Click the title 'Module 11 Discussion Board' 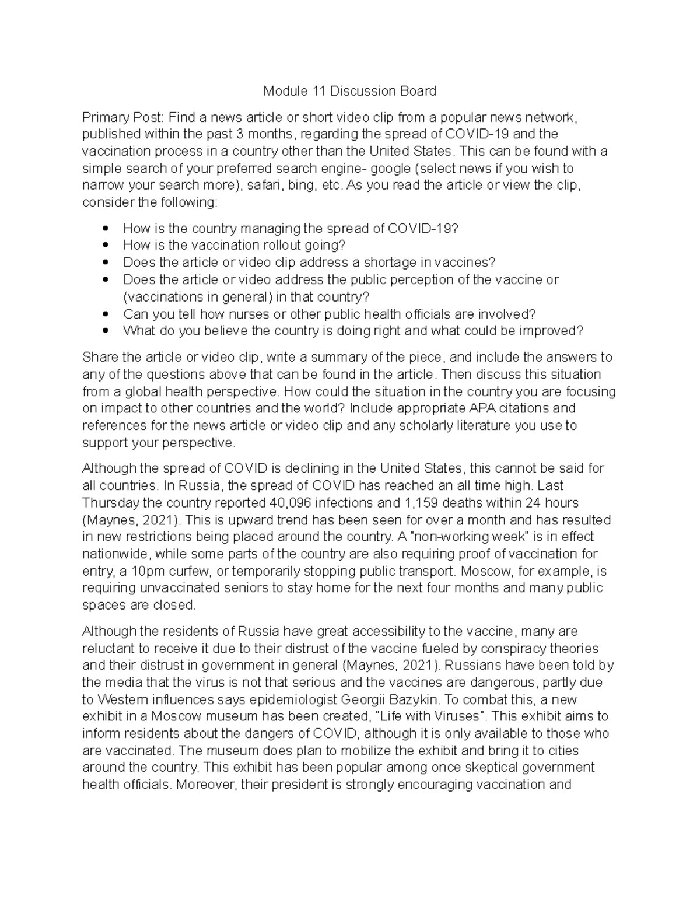point(349,91)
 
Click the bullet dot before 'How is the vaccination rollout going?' point(105,245)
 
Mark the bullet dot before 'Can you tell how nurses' point(105,314)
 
